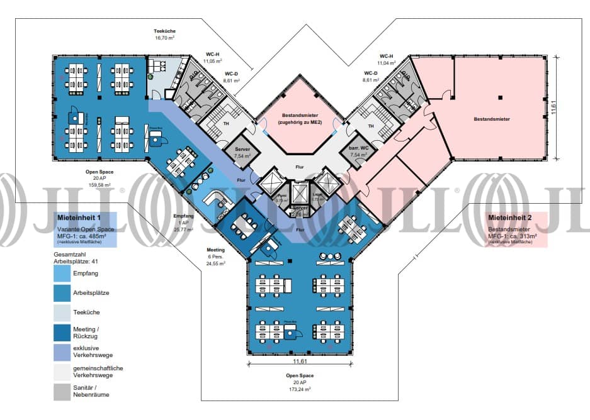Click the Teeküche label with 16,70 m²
(x=164, y=34)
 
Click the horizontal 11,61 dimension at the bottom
(x=299, y=362)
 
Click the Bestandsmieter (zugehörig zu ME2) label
(x=299, y=118)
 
